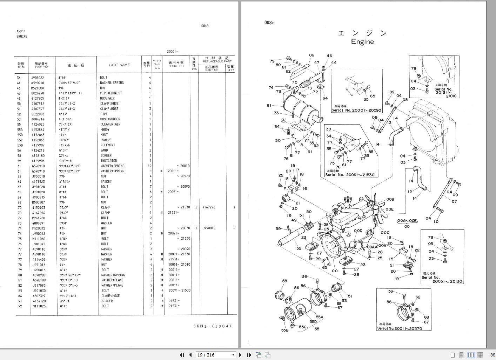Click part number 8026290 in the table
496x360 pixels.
pyautogui.click(x=38, y=93)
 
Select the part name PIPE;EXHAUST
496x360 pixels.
pyautogui.click(x=111, y=93)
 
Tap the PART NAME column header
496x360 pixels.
pyautogui.click(x=119, y=65)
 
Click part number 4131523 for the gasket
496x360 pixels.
pyautogui.click(x=38, y=182)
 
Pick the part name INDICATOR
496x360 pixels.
pyautogui.click(x=109, y=161)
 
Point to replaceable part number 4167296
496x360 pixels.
pyautogui.click(x=209, y=207)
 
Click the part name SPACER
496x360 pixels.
pyautogui.click(x=107, y=301)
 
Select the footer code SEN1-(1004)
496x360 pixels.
pyautogui.click(x=213, y=326)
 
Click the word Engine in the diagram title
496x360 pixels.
pyautogui.click(x=362, y=42)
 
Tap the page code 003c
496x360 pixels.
pyautogui.click(x=269, y=23)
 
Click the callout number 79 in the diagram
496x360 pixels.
pyautogui.click(x=272, y=61)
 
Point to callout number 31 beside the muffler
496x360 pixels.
pyautogui.click(x=269, y=106)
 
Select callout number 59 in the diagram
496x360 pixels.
pyautogui.click(x=278, y=229)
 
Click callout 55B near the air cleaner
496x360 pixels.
pyautogui.click(x=284, y=330)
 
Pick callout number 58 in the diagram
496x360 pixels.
pyautogui.click(x=284, y=281)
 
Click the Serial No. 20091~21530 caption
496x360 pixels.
pyautogui.click(x=349, y=175)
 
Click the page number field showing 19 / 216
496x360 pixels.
pyautogui.click(x=215, y=355)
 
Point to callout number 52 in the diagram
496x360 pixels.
pyautogui.click(x=299, y=248)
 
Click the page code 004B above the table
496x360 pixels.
pyautogui.click(x=205, y=26)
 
